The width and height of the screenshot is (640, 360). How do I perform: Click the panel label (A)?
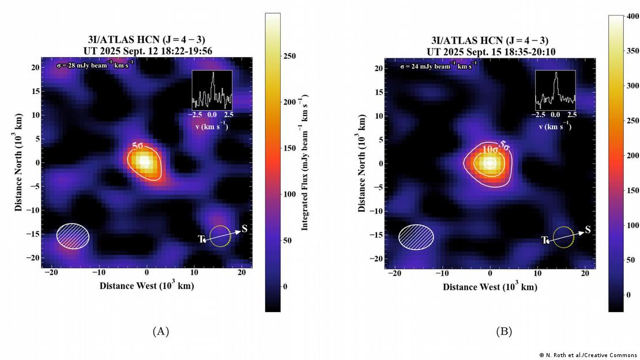[x=160, y=331]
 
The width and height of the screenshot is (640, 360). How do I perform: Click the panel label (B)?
[x=503, y=331]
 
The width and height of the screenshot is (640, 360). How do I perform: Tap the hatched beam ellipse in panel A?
[x=73, y=235]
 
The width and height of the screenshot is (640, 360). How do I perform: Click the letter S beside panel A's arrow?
[x=244, y=228]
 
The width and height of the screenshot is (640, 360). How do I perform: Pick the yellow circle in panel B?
[x=563, y=237]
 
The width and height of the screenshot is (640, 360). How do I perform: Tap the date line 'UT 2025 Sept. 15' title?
[x=490, y=51]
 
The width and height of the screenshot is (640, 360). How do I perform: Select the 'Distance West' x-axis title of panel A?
[x=146, y=286]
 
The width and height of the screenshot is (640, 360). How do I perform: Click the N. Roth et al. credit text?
[x=588, y=354]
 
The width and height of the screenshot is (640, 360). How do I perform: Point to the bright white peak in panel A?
[x=144, y=162]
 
